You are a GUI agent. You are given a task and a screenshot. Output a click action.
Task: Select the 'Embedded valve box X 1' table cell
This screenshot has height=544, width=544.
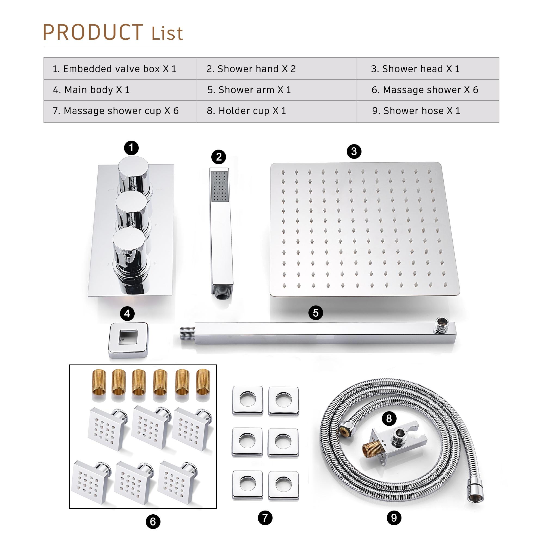(x=114, y=69)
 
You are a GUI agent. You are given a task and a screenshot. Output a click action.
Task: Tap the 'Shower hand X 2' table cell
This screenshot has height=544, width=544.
(x=251, y=69)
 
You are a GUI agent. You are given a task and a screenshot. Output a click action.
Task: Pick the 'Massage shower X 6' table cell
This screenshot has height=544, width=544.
(x=425, y=90)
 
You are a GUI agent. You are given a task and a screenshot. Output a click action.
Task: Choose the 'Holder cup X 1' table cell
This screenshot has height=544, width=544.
(x=246, y=111)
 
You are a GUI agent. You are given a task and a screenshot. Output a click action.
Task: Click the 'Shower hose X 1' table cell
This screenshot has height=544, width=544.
(x=416, y=111)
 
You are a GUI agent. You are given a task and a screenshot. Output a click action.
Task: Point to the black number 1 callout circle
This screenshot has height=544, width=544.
(x=131, y=147)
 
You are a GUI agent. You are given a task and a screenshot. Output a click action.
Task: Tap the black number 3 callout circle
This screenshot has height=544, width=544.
(x=354, y=152)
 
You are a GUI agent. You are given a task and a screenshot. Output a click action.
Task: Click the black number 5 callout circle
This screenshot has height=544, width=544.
(x=316, y=313)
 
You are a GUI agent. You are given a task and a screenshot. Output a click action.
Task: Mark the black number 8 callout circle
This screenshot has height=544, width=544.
(x=389, y=419)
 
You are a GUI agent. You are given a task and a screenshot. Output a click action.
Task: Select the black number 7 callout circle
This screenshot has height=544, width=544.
(x=265, y=518)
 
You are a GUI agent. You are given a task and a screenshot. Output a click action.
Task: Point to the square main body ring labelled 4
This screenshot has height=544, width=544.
(x=128, y=339)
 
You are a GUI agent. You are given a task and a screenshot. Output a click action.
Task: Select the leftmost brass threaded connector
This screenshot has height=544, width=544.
(x=99, y=382)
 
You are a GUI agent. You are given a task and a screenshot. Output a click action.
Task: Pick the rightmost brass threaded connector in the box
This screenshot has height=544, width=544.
(x=203, y=382)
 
